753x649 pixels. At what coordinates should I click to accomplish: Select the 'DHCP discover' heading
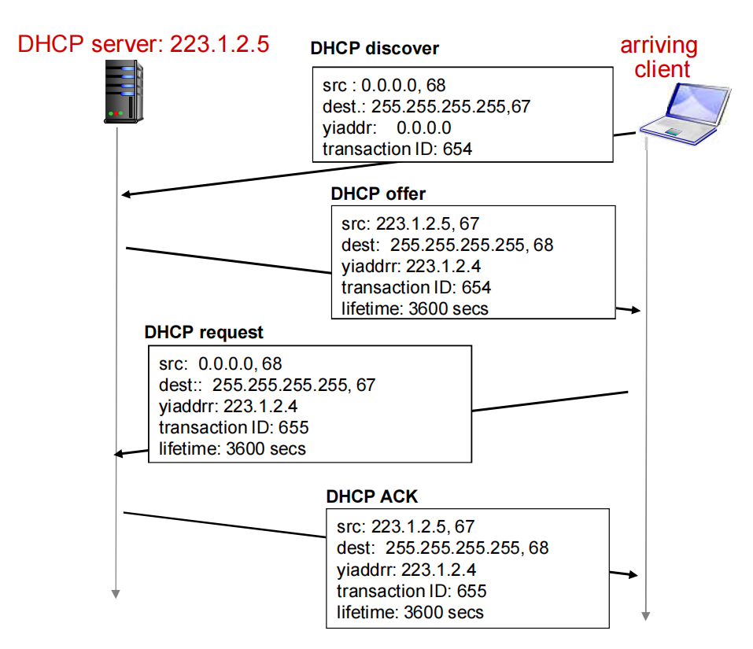[375, 49]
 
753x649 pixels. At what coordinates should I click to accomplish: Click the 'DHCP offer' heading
[378, 194]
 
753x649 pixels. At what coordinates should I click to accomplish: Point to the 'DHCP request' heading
[204, 332]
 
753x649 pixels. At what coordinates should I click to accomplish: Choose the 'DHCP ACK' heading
[372, 496]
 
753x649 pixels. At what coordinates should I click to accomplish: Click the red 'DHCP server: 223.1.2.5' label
[143, 44]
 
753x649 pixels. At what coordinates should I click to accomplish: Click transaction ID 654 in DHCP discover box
[397, 148]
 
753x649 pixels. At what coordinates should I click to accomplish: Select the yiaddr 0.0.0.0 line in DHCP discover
[386, 127]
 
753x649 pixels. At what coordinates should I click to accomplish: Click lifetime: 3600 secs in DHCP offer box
[415, 308]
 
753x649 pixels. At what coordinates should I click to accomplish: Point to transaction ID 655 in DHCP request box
[234, 428]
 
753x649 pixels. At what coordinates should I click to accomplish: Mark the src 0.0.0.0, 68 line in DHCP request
[220, 364]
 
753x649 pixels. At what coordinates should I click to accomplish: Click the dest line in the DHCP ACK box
[442, 548]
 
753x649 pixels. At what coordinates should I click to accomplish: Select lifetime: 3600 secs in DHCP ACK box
[410, 611]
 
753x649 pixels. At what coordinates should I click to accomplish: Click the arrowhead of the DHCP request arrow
[120, 453]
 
